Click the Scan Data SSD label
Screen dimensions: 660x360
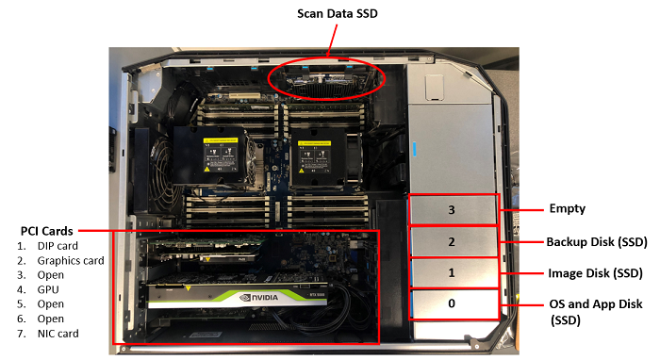click(x=338, y=13)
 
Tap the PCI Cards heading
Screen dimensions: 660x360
click(x=47, y=231)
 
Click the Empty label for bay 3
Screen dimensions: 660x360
click(x=567, y=208)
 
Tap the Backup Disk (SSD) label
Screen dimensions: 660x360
click(x=597, y=242)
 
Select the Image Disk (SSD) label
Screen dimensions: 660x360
click(x=595, y=273)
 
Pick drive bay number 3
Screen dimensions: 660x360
click(x=452, y=209)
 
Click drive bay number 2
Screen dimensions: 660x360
click(x=452, y=242)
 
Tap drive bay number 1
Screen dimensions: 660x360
click(x=452, y=273)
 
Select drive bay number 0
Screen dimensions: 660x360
click(x=452, y=303)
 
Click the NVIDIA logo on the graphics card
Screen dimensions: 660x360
click(x=259, y=298)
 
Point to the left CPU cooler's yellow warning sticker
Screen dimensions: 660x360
click(x=221, y=139)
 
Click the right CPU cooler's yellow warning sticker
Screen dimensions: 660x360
click(x=314, y=143)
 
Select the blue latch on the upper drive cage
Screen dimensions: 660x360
click(x=414, y=149)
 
